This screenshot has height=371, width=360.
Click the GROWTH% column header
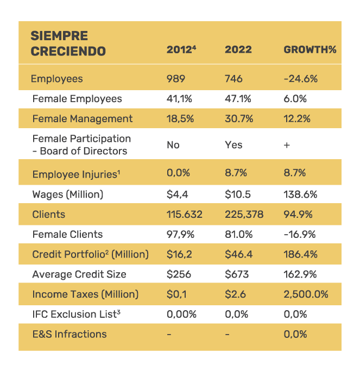pyautogui.click(x=310, y=49)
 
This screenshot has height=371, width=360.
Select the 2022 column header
pyautogui.click(x=238, y=49)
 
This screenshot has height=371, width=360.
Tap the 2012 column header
pyautogui.click(x=180, y=49)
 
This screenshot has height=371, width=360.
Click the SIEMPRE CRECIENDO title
pyautogui.click(x=68, y=43)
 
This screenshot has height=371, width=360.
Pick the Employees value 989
pyautogui.click(x=175, y=79)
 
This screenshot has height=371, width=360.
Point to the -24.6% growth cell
pyautogui.click(x=300, y=79)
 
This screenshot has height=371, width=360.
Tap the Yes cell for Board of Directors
pyautogui.click(x=233, y=145)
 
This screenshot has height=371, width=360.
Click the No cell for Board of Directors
pyautogui.click(x=173, y=145)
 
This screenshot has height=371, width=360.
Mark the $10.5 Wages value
pyautogui.click(x=237, y=194)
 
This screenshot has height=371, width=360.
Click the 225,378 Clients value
pyautogui.click(x=244, y=214)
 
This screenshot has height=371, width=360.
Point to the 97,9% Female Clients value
pyautogui.click(x=180, y=234)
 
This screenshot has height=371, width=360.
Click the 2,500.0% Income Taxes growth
pyautogui.click(x=306, y=294)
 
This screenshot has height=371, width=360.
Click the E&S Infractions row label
pyautogui.click(x=69, y=334)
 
